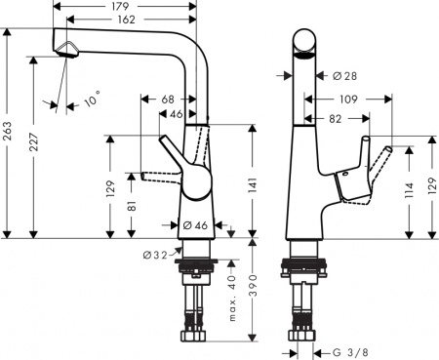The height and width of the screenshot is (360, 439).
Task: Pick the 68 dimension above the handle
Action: click(167, 100)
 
